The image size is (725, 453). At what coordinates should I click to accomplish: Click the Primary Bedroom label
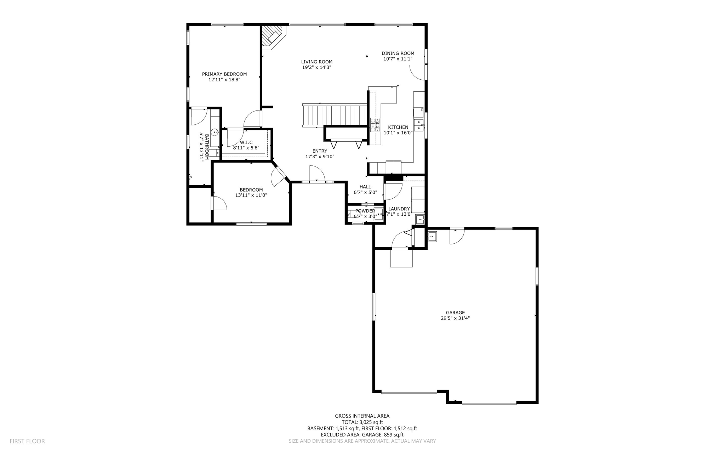[224, 74]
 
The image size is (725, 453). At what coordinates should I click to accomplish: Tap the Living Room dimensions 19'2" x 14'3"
[316, 67]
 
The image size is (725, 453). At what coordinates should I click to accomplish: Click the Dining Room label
[398, 53]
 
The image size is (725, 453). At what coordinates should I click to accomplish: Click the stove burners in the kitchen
[375, 125]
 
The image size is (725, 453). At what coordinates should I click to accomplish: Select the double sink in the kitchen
[419, 125]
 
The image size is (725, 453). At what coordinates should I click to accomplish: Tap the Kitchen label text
[398, 127]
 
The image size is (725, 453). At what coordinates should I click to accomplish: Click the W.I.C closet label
[246, 142]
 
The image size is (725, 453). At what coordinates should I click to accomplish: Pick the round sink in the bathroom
[214, 132]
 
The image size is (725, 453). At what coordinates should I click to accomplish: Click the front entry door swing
[317, 174]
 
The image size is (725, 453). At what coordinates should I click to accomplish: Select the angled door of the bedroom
[279, 176]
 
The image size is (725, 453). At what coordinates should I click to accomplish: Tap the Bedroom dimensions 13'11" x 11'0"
[251, 195]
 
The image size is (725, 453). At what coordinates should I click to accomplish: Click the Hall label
[365, 187]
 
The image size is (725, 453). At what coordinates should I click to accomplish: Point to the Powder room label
[365, 211]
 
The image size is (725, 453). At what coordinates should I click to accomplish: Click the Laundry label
[399, 209]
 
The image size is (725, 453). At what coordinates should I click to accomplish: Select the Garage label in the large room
[455, 313]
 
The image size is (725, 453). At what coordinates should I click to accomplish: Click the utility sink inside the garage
[432, 236]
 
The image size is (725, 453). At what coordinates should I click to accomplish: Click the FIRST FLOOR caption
[27, 441]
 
